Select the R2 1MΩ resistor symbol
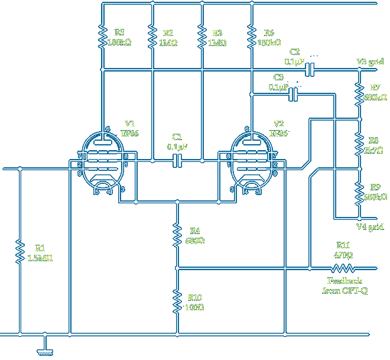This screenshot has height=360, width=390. coord(152,37)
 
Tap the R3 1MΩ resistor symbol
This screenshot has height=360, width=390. coord(202,37)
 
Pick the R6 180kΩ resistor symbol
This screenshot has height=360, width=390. coord(252,37)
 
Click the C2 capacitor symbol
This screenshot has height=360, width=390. coord(310,70)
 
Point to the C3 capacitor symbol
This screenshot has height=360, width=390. coord(293,93)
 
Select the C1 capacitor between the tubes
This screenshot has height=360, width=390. coord(177,161)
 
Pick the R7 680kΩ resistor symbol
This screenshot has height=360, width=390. coord(359,93)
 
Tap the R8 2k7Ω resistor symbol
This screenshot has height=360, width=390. coord(359,144)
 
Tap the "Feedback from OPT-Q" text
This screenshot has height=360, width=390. coord(346,286)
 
